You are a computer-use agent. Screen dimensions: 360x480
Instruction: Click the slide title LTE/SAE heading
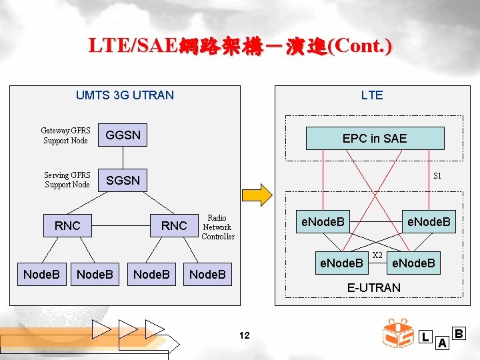point(240,45)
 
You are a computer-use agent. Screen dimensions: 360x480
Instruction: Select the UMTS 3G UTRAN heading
point(125,95)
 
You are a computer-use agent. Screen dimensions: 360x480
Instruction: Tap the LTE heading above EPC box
point(372,95)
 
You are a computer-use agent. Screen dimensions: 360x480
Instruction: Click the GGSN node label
point(124,135)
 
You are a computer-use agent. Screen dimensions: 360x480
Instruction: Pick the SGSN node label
point(123,181)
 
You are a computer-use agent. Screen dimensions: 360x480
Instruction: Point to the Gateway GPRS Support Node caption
point(65,136)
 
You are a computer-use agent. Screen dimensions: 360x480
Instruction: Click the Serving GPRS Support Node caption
point(67,180)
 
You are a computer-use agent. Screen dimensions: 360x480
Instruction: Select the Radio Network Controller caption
point(218,227)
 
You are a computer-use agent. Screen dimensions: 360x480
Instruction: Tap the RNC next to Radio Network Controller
point(174,226)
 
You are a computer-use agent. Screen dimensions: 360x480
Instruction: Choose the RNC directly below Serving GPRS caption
point(67,226)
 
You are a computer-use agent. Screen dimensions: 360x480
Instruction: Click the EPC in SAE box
point(374,138)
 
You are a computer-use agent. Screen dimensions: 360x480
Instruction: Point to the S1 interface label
point(437,177)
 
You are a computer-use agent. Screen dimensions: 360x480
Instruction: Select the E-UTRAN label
point(374,288)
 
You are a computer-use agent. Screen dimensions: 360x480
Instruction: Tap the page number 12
point(244,335)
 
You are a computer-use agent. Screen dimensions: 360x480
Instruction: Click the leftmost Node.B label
point(41,274)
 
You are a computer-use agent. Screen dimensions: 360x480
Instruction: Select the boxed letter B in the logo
point(458,332)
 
